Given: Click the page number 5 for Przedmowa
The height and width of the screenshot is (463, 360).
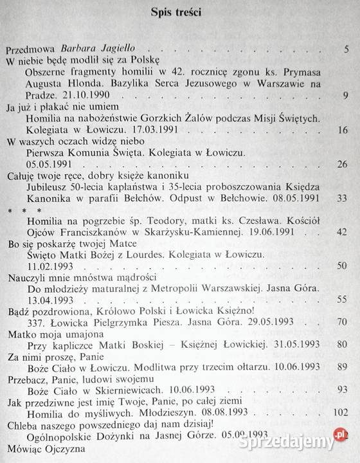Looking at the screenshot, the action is [346, 49].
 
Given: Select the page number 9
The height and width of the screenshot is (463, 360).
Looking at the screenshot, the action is [346, 96].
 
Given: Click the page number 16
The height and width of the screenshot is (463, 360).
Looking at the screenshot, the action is [343, 131].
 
